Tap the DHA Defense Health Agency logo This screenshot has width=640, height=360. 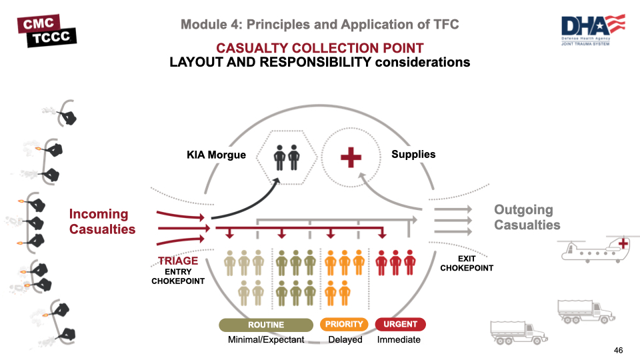coord(593,30)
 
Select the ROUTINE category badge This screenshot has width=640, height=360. coord(266,325)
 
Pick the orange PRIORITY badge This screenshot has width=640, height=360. coord(344,325)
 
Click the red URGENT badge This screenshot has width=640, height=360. coord(400,325)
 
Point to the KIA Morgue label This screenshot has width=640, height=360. coord(216,155)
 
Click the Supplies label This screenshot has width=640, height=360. coord(413,154)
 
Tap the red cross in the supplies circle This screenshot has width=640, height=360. coord(351,157)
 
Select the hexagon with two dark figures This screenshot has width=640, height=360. coord(287,158)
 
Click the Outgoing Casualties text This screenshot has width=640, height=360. coord(527,217)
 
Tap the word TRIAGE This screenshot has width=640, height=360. coord(178,261)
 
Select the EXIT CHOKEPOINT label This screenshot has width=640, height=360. coord(467,263)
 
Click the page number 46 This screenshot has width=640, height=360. coord(618,350)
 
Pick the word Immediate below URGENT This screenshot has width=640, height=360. coord(399,339)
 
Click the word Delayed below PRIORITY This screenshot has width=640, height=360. coord(345,339)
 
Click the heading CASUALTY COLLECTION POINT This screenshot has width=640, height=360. coord(319,48)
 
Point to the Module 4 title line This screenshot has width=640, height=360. coord(319,25)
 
